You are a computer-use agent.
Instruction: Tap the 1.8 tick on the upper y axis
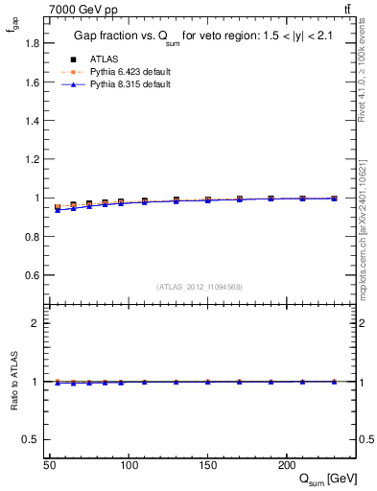coord(32,43)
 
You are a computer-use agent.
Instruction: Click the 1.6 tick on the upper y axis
coord(32,82)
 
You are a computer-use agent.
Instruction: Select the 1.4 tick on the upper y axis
coord(32,121)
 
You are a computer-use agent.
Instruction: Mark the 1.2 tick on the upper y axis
coord(32,159)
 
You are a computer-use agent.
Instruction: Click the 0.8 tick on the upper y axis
coord(32,237)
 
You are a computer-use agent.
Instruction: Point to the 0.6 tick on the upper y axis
coord(32,275)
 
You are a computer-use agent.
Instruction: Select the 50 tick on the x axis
coord(49,464)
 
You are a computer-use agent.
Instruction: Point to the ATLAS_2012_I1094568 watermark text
coord(200,287)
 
